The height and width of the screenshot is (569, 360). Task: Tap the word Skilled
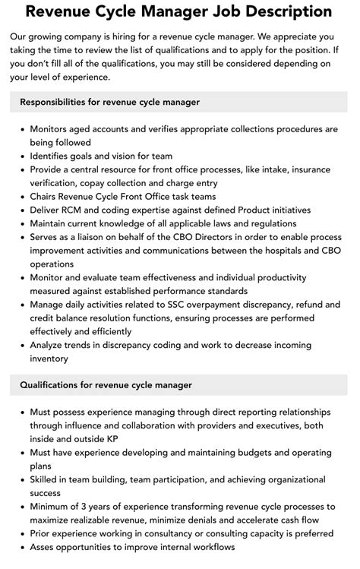click(x=47, y=480)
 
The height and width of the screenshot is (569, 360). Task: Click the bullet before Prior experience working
click(x=21, y=535)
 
